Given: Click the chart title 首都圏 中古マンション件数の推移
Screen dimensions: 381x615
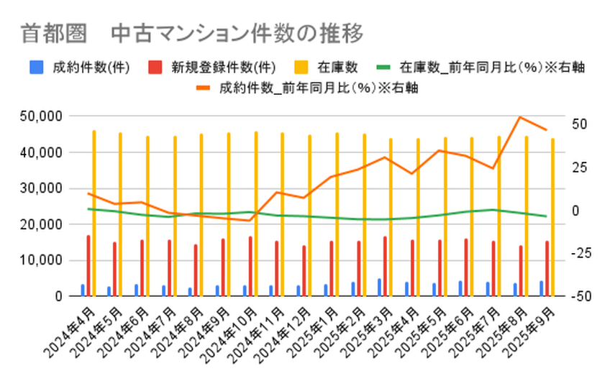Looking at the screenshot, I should click(191, 33).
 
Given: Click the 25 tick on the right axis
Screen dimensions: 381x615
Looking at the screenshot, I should click(579, 167).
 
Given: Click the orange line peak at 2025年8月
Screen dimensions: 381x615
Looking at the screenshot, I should click(521, 117).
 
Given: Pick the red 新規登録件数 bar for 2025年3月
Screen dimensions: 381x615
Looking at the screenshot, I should click(385, 266).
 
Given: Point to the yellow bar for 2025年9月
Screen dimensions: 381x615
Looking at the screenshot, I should click(552, 216).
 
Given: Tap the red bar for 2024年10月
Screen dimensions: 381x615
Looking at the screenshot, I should click(250, 266).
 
